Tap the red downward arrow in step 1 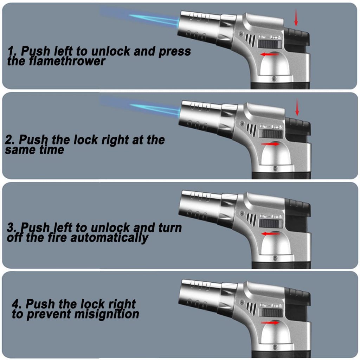[296, 18]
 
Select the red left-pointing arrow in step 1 [269, 54]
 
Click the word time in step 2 [52, 150]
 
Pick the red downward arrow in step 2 [297, 107]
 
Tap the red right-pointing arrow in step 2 [270, 144]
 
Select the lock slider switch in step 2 [271, 133]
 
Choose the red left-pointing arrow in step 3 [270, 234]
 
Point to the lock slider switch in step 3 [271, 223]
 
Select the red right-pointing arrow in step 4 [270, 323]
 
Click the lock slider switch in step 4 [271, 312]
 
